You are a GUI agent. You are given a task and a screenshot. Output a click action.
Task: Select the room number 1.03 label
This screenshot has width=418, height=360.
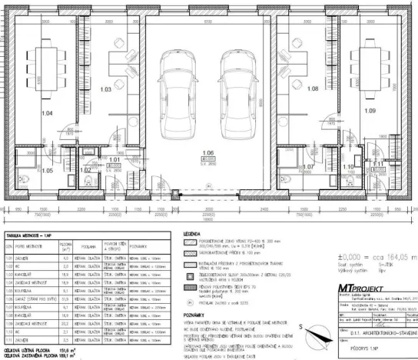[x=107, y=90]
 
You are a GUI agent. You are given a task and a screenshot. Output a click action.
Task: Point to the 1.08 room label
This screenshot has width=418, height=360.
[x=312, y=89]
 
